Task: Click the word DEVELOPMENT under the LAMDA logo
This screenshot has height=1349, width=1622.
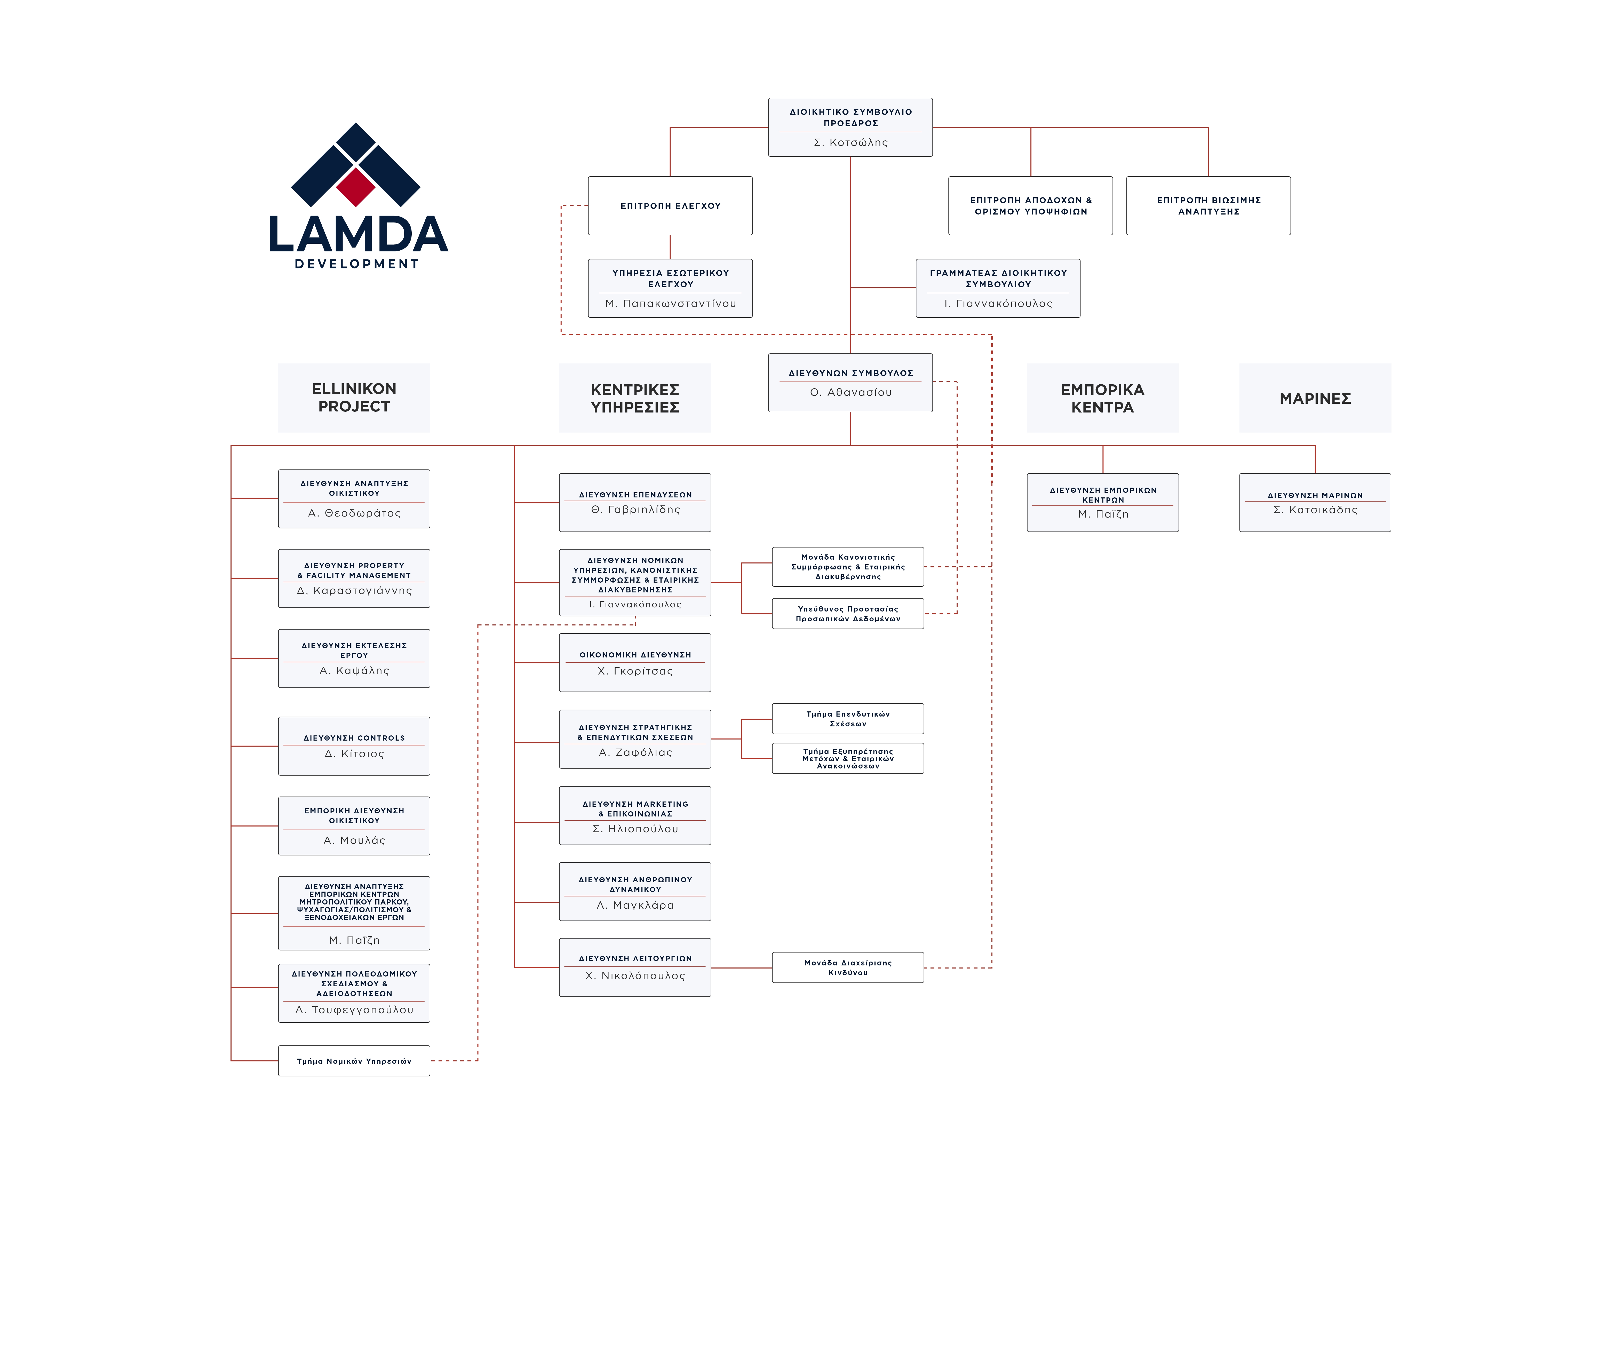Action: coord(357,264)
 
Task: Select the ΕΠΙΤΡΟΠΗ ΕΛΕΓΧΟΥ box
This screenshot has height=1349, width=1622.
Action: coord(670,205)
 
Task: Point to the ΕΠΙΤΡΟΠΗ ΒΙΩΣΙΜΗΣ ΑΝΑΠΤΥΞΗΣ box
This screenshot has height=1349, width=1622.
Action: coord(1208,205)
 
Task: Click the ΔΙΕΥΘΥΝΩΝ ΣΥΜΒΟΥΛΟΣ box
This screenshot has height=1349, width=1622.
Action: coord(850,383)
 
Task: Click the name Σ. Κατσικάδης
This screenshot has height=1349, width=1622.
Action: coord(1315,510)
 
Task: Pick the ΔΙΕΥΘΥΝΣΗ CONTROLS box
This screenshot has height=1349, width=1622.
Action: coord(354,745)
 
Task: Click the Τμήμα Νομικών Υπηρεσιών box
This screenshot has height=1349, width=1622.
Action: coord(354,1061)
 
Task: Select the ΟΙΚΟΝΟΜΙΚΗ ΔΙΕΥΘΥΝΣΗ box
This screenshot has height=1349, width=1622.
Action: coord(635,662)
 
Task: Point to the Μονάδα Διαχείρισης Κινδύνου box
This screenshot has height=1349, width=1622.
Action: coord(847,967)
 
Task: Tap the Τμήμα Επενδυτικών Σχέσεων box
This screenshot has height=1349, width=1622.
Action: coord(847,719)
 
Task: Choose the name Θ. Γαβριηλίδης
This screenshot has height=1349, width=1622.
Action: coord(635,510)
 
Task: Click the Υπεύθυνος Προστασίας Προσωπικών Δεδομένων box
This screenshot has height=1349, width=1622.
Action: coord(847,614)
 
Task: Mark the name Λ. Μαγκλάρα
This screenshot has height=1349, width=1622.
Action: coord(635,906)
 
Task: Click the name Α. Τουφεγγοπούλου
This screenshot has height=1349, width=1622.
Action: coord(354,1010)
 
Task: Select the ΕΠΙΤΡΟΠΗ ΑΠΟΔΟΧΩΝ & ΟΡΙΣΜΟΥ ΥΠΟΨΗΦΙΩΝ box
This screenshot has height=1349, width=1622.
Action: coord(1030,205)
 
